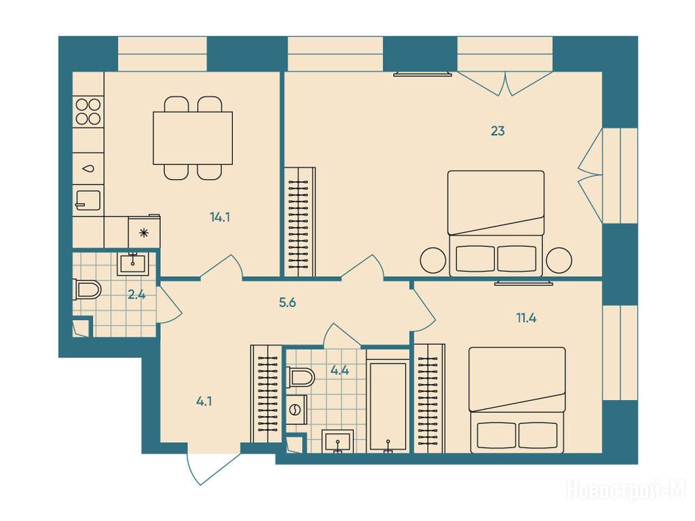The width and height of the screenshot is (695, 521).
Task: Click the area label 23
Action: [497, 131]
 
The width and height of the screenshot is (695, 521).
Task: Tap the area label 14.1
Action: [220, 218]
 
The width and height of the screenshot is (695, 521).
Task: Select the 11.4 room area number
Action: [526, 318]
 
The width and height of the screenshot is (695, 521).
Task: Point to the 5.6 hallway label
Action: [287, 303]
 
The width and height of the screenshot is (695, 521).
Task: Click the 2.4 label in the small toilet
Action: [136, 294]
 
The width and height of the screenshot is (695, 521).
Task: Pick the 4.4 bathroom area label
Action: [339, 370]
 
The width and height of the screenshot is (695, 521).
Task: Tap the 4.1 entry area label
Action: [204, 402]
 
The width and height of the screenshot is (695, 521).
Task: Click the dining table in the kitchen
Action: [193, 138]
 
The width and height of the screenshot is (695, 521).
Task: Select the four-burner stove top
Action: [88, 111]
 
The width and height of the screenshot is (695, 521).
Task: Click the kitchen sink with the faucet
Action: [88, 200]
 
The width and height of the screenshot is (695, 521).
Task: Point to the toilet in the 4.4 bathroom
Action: [301, 377]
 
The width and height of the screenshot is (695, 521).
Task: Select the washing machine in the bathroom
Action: [296, 410]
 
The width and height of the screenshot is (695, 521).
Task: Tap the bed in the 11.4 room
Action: [516, 400]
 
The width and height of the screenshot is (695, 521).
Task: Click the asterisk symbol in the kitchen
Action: [144, 233]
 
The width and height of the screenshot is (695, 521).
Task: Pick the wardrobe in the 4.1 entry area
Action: [266, 393]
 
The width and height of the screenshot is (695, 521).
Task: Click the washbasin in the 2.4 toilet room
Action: [132, 264]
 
